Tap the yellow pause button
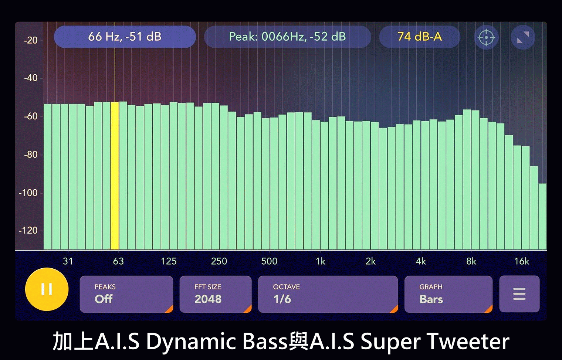pyautogui.click(x=47, y=289)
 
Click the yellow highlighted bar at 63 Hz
pyautogui.click(x=115, y=176)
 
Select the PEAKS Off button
pyautogui.click(x=126, y=294)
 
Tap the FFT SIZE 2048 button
pyautogui.click(x=216, y=294)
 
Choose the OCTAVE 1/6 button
pyautogui.click(x=328, y=294)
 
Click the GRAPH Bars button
pyautogui.click(x=448, y=294)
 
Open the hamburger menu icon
pyautogui.click(x=519, y=294)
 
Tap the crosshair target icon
pyautogui.click(x=486, y=37)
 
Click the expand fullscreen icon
pyautogui.click(x=523, y=37)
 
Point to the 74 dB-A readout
pyautogui.click(x=420, y=37)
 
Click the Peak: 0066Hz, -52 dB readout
pyautogui.click(x=288, y=37)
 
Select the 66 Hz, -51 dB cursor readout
pyautogui.click(x=125, y=37)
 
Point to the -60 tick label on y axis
pyautogui.click(x=31, y=116)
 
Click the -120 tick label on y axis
pyautogui.click(x=28, y=230)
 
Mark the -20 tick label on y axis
pyautogui.click(x=31, y=40)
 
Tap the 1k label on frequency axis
pyautogui.click(x=321, y=261)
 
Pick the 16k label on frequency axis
pyautogui.click(x=522, y=261)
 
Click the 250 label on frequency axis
pyautogui.click(x=219, y=261)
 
